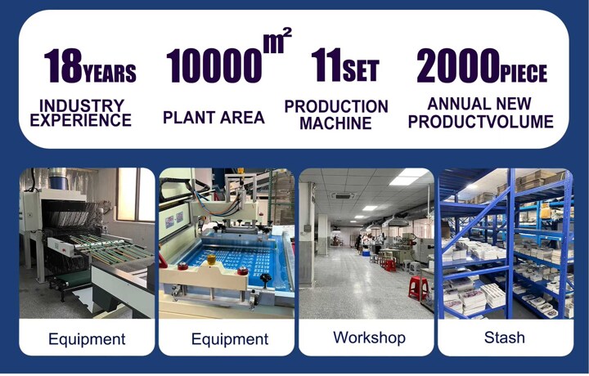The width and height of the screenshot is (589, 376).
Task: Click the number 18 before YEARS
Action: (x=63, y=65)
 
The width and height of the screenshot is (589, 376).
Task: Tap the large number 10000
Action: (x=214, y=66)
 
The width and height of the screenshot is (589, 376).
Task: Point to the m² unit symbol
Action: (x=277, y=40)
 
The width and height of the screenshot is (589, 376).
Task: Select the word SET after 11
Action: (x=361, y=70)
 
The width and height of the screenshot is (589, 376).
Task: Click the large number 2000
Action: (x=458, y=65)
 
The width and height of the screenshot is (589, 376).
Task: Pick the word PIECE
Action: (x=524, y=73)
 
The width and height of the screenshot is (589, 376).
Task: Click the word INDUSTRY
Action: (x=82, y=105)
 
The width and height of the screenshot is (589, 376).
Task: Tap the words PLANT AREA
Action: (x=214, y=118)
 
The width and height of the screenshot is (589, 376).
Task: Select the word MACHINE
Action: (x=336, y=123)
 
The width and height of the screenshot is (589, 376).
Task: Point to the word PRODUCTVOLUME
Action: (x=481, y=122)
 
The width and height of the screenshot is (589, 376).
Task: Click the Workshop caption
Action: (x=369, y=338)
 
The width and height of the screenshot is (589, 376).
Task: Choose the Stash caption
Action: (x=505, y=338)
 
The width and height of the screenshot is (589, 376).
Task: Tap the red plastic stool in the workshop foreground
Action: (x=419, y=288)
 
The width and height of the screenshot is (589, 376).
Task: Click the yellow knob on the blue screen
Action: (x=212, y=260)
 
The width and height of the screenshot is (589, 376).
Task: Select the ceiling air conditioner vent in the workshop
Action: (x=342, y=195)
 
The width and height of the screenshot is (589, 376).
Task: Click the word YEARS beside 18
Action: (x=110, y=73)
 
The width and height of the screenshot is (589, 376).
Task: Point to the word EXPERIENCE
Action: (x=81, y=120)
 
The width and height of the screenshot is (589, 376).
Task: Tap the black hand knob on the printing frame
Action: (x=266, y=280)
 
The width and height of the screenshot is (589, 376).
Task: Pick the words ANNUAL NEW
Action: (x=479, y=104)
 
